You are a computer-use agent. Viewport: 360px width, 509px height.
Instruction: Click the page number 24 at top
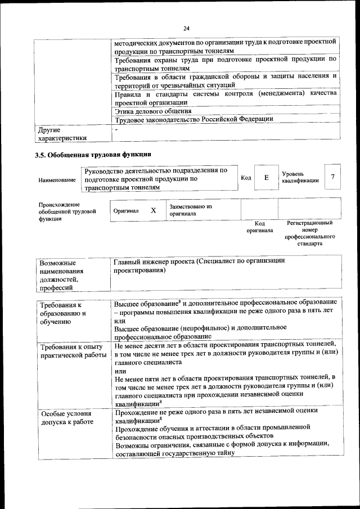click(186, 29)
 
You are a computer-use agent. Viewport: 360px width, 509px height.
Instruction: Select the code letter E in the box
click(266, 178)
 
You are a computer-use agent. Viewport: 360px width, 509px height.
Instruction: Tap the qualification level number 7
click(333, 177)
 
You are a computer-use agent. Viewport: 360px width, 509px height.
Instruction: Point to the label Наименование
click(57, 180)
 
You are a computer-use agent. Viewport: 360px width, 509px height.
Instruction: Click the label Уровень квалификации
click(300, 177)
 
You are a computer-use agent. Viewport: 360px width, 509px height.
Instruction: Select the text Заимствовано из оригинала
click(191, 210)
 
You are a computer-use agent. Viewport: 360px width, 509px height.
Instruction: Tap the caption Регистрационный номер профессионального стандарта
click(309, 234)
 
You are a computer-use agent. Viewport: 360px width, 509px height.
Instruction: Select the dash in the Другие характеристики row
click(116, 130)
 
